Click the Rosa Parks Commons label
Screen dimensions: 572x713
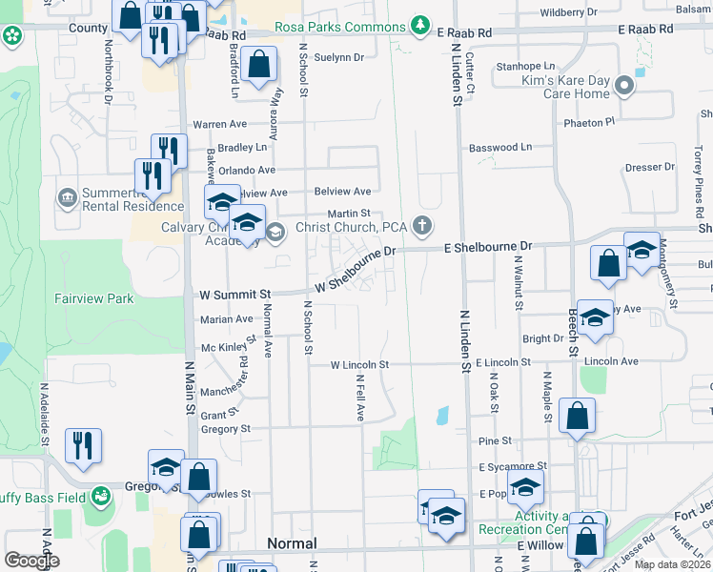(x=339, y=27)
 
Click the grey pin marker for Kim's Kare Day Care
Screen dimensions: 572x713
(x=624, y=86)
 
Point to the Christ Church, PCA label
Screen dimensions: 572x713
(x=351, y=227)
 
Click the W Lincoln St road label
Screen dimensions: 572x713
(x=359, y=365)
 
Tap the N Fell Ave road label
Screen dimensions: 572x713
(x=361, y=398)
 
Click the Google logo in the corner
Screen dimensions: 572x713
(x=31, y=561)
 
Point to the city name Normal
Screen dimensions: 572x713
(x=292, y=543)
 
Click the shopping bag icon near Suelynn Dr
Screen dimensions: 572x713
(x=259, y=66)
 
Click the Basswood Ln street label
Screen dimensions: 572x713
(x=499, y=147)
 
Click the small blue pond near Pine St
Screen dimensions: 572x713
(x=442, y=416)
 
